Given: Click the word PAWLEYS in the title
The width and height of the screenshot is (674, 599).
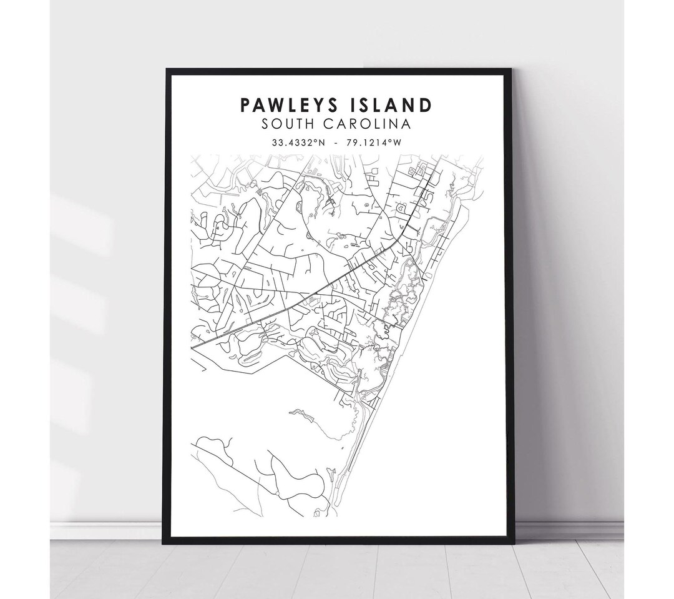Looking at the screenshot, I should (x=287, y=106).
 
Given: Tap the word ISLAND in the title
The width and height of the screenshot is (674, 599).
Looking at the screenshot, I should (x=390, y=106).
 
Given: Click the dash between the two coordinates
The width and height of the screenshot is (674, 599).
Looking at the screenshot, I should (x=336, y=142).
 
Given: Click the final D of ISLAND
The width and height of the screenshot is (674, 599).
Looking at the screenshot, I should (x=425, y=106).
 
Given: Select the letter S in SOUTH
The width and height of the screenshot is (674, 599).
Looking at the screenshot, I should (x=266, y=124).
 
